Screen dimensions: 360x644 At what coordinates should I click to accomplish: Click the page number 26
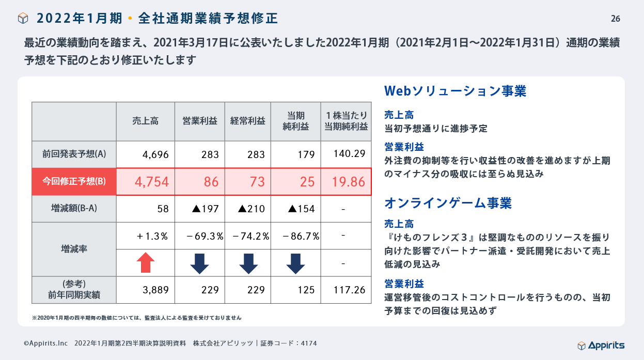click(615, 19)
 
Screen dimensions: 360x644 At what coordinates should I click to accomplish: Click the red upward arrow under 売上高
click(146, 263)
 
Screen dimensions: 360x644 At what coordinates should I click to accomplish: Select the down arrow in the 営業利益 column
click(199, 263)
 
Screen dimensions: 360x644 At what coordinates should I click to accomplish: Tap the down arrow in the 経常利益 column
click(248, 263)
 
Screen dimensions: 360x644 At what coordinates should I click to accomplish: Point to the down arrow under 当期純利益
click(295, 263)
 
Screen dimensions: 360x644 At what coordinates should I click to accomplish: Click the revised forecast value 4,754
click(151, 182)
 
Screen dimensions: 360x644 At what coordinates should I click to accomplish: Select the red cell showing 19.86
click(347, 182)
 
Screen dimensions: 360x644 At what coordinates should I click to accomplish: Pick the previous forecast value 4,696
click(155, 154)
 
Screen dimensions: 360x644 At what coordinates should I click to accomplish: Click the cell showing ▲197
click(205, 209)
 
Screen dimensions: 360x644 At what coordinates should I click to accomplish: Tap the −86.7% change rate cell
click(301, 236)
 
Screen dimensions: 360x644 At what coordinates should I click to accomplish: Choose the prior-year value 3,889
click(155, 290)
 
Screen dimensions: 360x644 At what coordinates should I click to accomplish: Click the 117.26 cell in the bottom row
click(349, 290)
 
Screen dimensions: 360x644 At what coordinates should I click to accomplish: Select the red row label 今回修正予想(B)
click(74, 181)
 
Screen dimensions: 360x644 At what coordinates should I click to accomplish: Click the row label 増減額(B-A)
click(74, 209)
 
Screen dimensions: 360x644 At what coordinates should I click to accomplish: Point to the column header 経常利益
click(248, 121)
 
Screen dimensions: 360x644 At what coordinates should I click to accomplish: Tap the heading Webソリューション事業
click(455, 91)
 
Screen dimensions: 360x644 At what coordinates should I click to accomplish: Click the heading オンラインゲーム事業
click(448, 203)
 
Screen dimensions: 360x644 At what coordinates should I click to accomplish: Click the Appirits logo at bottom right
click(601, 345)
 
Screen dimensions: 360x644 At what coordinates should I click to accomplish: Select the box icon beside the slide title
click(23, 19)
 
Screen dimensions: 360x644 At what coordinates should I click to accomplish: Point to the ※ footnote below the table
click(136, 318)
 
